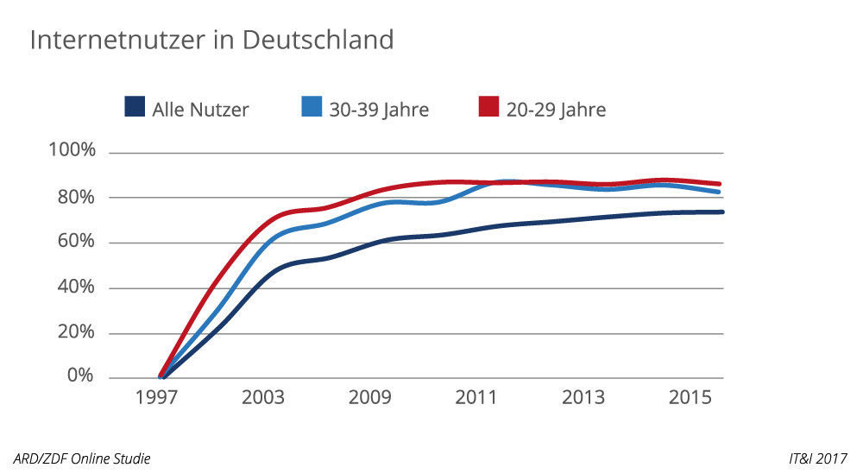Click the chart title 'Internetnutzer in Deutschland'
coord(211,40)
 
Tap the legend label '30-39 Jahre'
coord(379,110)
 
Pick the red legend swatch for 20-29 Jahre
coord(488,108)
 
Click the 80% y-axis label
coord(75,197)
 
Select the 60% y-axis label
coord(75,242)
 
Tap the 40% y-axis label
coord(75,288)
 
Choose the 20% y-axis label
coord(75,332)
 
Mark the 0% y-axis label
coord(80,376)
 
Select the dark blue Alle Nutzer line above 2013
coord(583,219)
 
